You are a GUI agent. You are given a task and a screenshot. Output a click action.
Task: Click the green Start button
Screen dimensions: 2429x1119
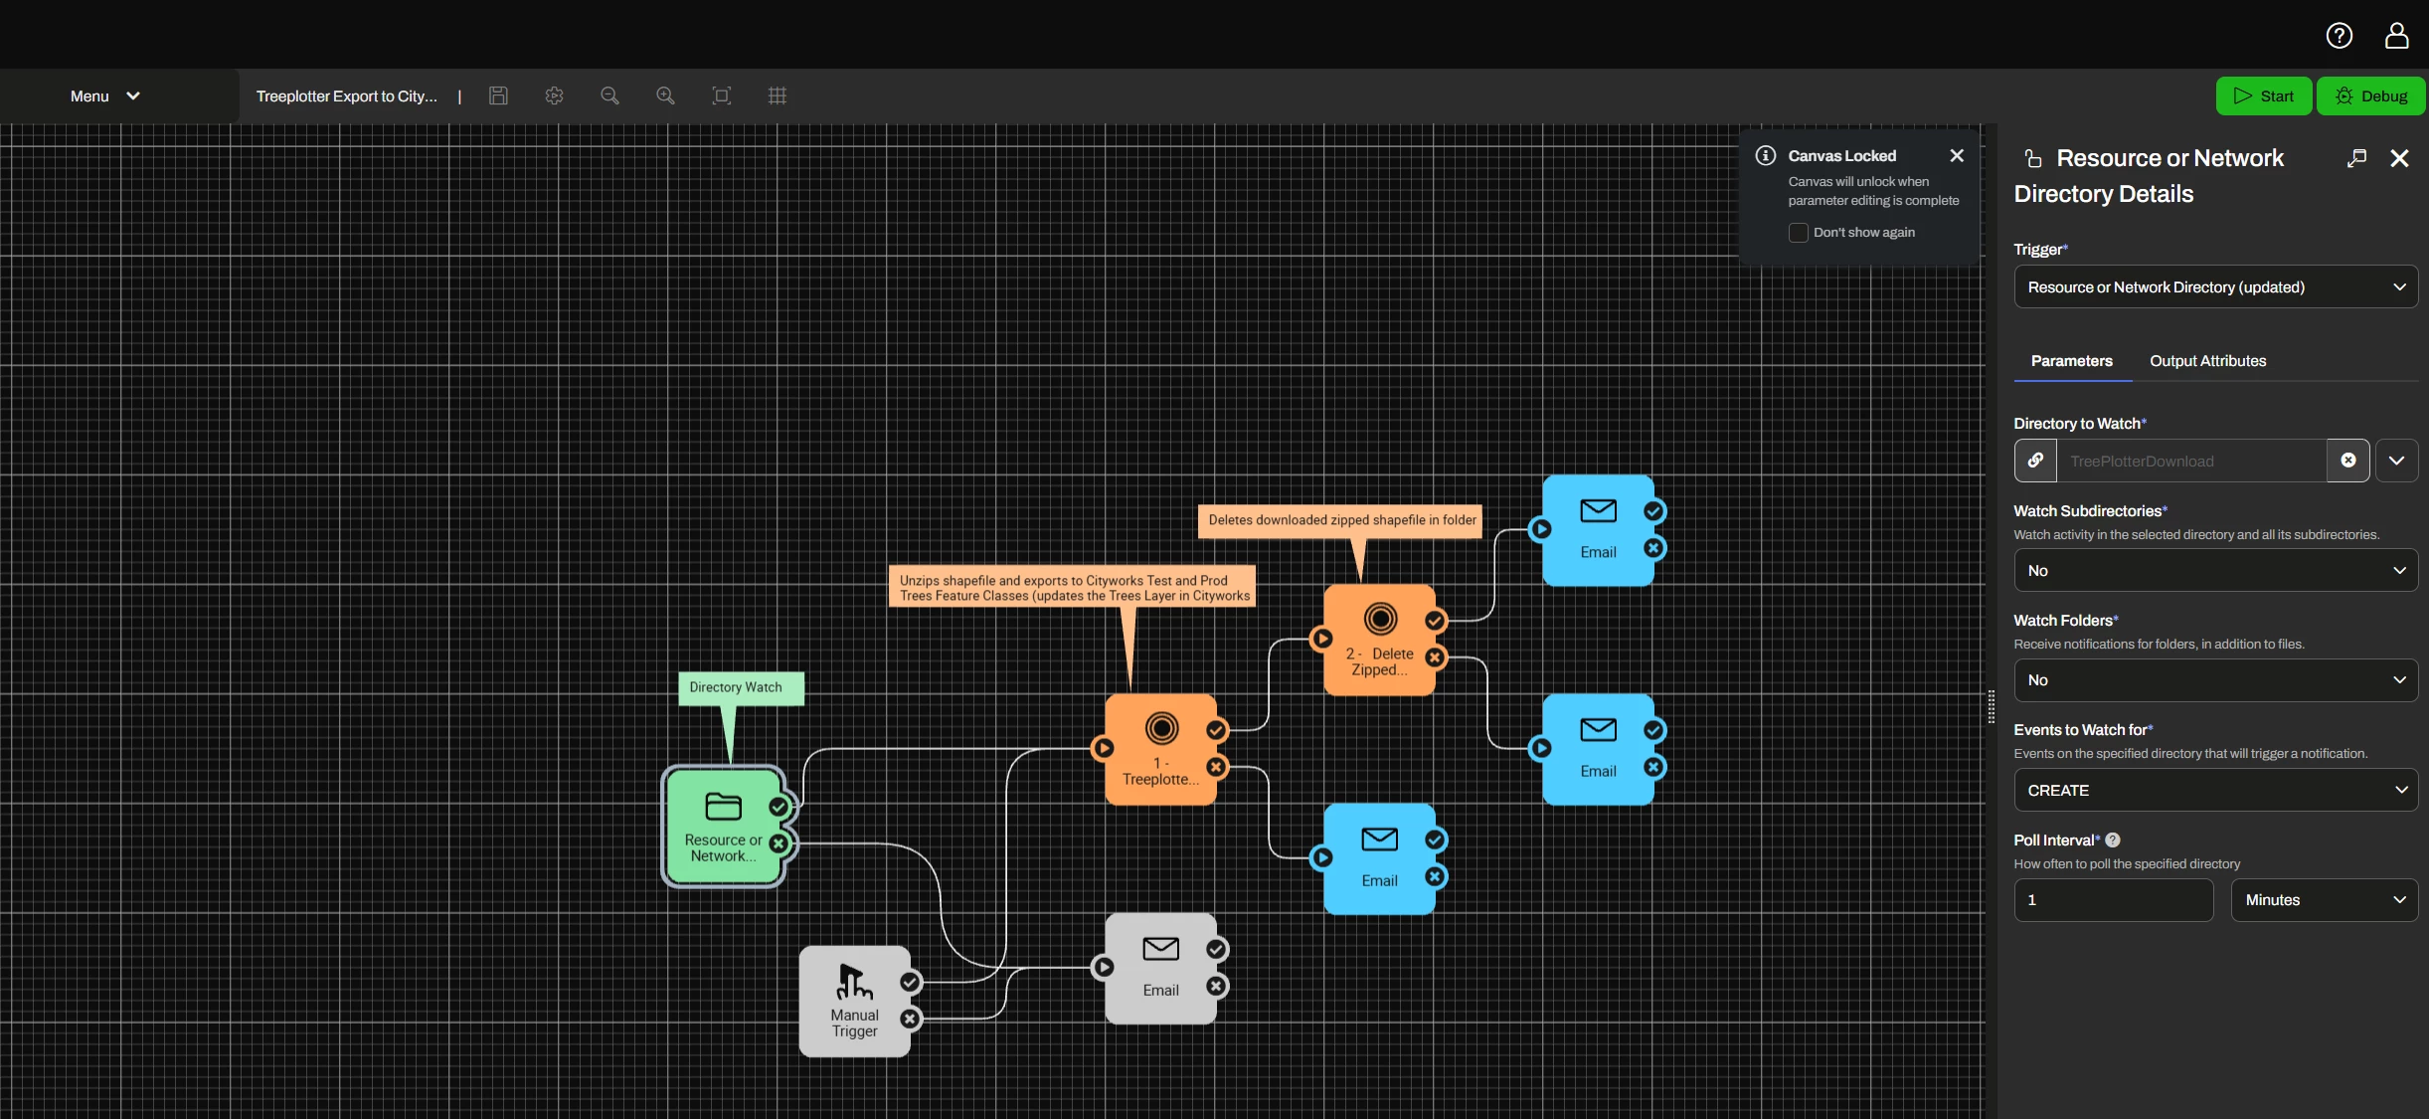click(2263, 96)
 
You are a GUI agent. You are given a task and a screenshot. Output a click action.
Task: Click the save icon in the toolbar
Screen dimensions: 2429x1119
click(499, 95)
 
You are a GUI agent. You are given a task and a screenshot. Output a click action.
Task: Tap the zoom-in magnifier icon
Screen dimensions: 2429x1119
click(665, 95)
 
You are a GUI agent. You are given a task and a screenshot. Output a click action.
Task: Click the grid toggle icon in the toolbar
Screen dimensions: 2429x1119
click(778, 95)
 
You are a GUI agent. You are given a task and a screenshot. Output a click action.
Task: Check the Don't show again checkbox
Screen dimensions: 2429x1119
click(1799, 233)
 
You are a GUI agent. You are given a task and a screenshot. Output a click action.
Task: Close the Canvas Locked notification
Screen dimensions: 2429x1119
click(1957, 155)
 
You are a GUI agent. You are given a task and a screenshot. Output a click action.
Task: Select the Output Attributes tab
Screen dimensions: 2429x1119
click(2208, 361)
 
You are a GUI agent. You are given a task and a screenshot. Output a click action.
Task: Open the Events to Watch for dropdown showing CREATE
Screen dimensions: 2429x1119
click(2216, 790)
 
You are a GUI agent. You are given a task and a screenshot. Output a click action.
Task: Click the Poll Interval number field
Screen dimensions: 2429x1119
click(2114, 900)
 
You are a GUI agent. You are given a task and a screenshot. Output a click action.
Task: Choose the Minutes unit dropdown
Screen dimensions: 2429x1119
click(2325, 900)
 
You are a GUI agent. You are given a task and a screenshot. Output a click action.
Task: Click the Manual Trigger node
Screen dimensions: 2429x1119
click(855, 1001)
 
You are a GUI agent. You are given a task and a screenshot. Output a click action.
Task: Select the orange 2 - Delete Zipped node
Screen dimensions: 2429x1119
click(1379, 640)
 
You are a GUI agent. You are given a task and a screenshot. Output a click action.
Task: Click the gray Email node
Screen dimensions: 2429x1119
click(1160, 969)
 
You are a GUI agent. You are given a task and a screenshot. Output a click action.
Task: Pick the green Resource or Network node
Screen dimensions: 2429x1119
click(724, 827)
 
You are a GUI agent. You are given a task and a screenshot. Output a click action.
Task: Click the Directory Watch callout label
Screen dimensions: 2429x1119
click(737, 687)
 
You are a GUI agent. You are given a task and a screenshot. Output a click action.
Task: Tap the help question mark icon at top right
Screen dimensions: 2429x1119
click(2340, 36)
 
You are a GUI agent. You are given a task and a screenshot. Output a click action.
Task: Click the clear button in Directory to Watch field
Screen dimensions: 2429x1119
click(2348, 461)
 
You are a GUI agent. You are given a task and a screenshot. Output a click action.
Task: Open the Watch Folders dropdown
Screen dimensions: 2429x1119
click(2216, 680)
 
